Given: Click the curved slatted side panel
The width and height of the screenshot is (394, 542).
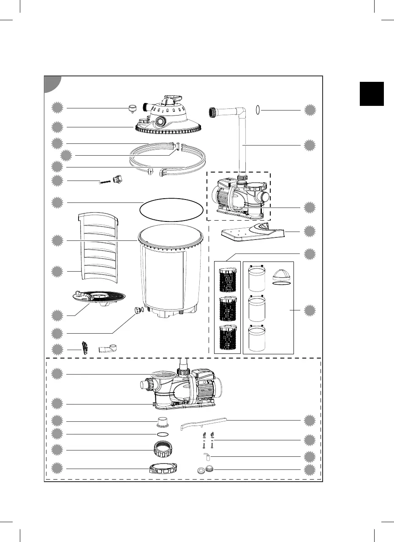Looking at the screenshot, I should click(x=97, y=247).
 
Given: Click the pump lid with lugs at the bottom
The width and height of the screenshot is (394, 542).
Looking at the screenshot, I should click(x=163, y=469).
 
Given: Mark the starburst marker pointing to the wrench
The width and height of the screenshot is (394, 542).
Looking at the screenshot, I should click(x=310, y=421).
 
